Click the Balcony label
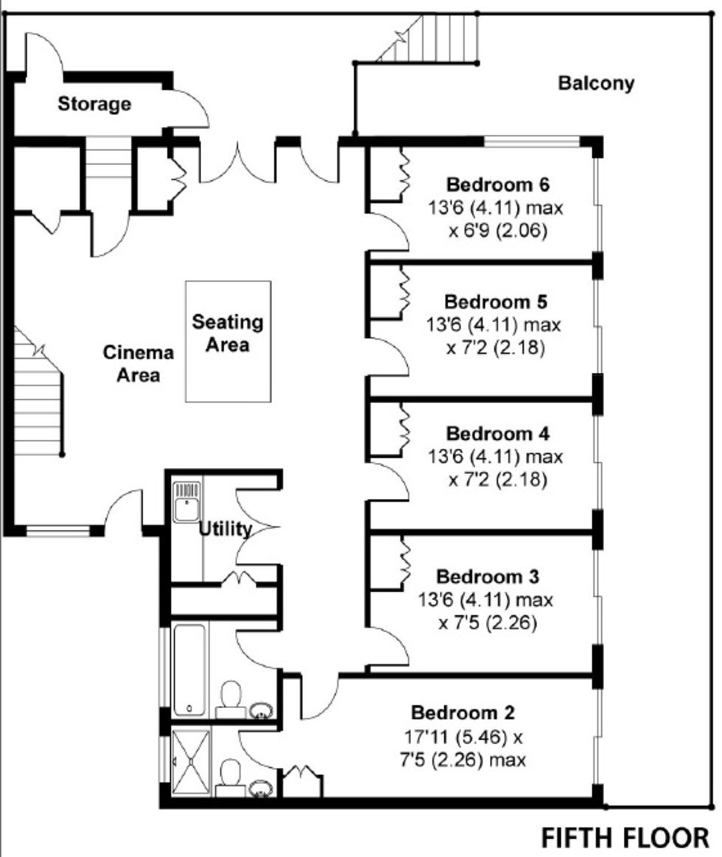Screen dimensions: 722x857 click(596, 83)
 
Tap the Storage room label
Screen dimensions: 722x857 click(94, 104)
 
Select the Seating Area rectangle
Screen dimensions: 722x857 click(228, 342)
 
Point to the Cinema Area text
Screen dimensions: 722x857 click(139, 363)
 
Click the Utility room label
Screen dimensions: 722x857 click(225, 529)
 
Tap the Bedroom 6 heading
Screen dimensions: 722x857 click(497, 185)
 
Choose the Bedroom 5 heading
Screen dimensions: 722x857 click(496, 301)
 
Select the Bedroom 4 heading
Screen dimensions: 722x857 click(497, 433)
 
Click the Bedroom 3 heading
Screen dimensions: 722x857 click(488, 577)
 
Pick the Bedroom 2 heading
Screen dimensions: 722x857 click(463, 713)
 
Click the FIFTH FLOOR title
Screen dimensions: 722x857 click(625, 838)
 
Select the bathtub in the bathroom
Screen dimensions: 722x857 click(189, 670)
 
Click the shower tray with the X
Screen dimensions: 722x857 click(191, 762)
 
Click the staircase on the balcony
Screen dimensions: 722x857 click(427, 39)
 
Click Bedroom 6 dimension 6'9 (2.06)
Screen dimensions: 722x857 click(498, 231)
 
